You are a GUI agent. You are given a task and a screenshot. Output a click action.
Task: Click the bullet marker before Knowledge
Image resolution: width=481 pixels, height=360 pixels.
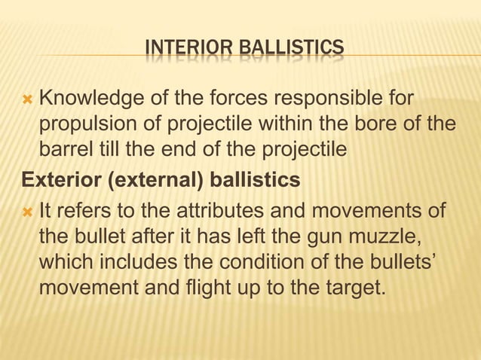pyautogui.click(x=28, y=98)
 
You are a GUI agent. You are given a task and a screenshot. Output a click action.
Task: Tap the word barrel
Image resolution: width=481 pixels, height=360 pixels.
pyautogui.click(x=66, y=149)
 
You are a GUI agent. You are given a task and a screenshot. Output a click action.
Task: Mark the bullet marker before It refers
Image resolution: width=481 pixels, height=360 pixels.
pyautogui.click(x=28, y=208)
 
